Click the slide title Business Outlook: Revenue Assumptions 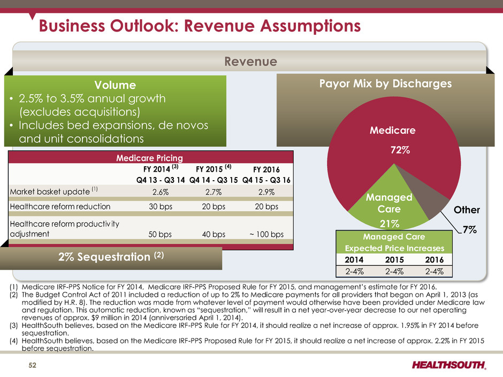pos(197,26)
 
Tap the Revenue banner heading pos(250,61)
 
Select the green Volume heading pos(115,84)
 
